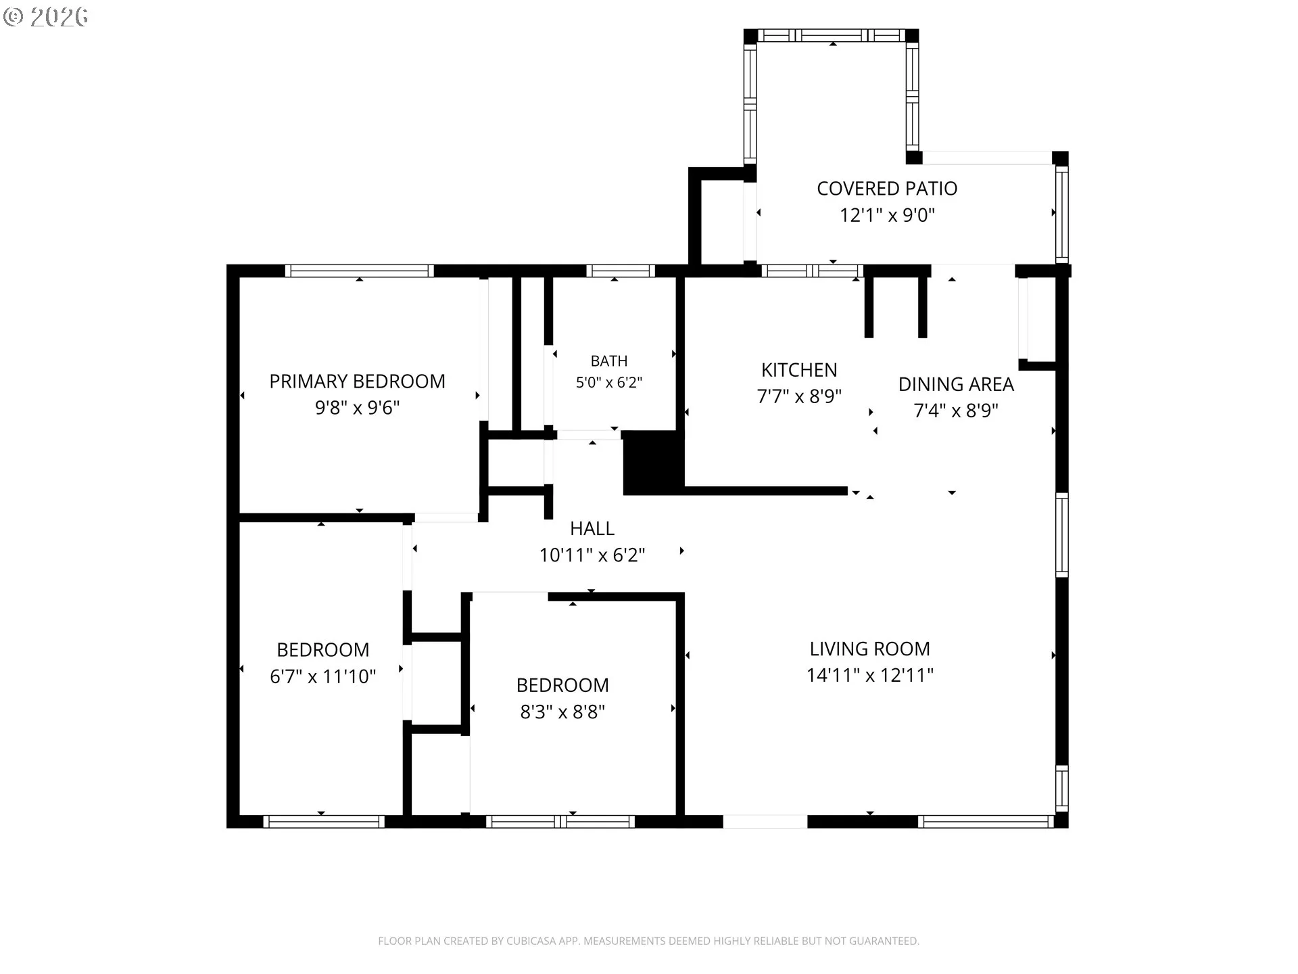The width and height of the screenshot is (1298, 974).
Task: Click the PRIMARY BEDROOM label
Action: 357,381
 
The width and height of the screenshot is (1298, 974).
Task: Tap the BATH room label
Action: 608,361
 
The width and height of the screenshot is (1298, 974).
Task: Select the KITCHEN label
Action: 799,370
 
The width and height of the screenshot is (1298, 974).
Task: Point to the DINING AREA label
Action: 956,384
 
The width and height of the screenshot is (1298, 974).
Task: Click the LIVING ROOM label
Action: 870,649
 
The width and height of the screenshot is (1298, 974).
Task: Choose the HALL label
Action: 592,528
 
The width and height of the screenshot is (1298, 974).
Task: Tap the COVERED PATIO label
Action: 887,189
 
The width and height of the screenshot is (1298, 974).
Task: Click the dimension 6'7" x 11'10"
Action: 323,676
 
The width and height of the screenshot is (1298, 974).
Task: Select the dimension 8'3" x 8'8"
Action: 562,712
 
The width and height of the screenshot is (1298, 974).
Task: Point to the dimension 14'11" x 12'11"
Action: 870,675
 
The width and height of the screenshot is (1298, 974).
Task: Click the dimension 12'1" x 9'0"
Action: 887,215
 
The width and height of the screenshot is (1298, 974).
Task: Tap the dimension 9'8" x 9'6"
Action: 357,408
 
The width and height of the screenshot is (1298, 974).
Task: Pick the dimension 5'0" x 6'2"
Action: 608,382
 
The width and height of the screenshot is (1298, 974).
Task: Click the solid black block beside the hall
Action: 653,463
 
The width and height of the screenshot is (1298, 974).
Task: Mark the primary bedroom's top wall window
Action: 360,271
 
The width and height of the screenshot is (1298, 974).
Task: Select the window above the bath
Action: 621,271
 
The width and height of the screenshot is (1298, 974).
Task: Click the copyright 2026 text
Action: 45,16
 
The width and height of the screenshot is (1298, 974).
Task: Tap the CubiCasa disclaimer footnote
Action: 648,941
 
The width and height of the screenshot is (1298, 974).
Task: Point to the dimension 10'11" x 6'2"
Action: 592,555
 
